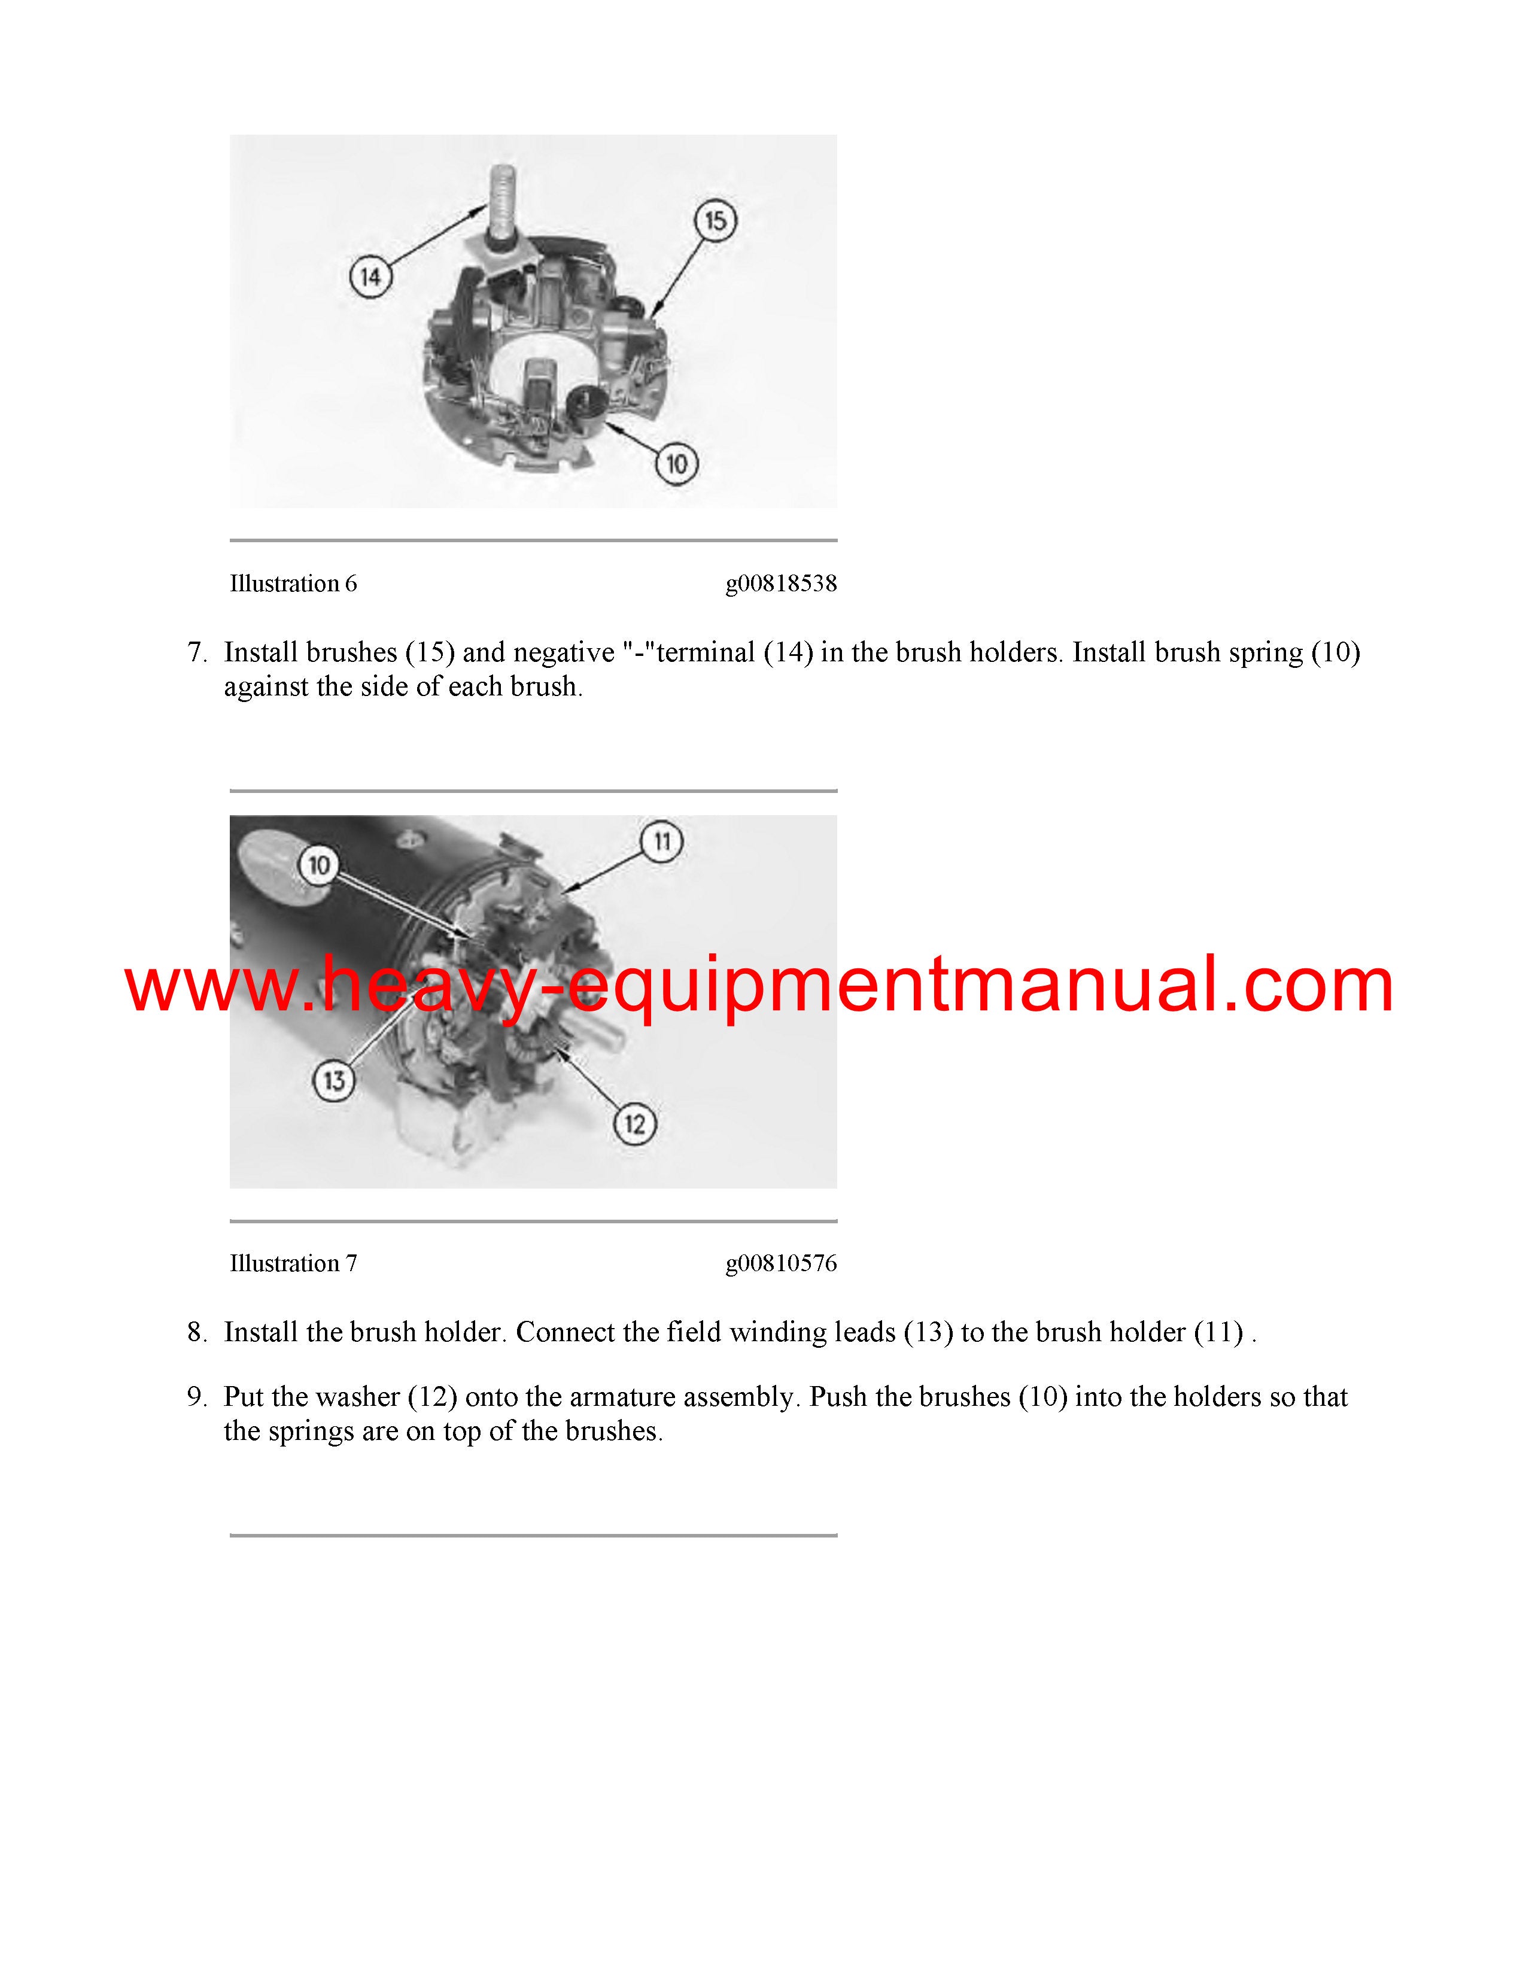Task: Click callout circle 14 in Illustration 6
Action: tap(370, 276)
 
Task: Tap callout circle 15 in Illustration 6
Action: tap(715, 221)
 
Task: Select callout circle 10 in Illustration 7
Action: tap(318, 865)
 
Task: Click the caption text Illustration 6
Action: tap(293, 584)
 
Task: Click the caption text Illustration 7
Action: tap(293, 1263)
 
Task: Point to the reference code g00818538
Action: tap(781, 584)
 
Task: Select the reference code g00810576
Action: tap(781, 1264)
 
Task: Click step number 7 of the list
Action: tap(197, 652)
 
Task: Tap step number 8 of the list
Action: tap(197, 1332)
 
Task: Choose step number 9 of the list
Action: tap(197, 1397)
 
